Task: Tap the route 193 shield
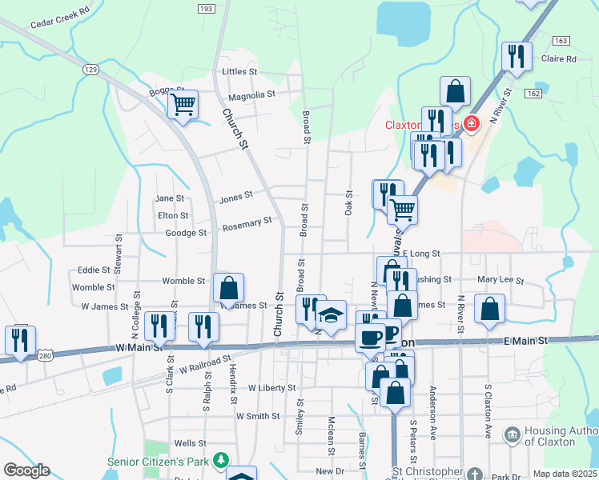(x=205, y=8)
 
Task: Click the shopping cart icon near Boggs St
(x=183, y=104)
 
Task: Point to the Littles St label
(x=239, y=72)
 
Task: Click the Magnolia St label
(x=251, y=94)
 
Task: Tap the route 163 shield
(x=561, y=40)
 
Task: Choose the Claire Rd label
(x=559, y=59)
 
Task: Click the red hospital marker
(x=472, y=123)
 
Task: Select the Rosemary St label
(x=247, y=225)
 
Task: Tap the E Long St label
(x=421, y=254)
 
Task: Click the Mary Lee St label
(x=500, y=281)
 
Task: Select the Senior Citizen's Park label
(x=163, y=462)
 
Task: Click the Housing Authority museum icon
(x=512, y=434)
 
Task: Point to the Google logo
(x=26, y=470)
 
